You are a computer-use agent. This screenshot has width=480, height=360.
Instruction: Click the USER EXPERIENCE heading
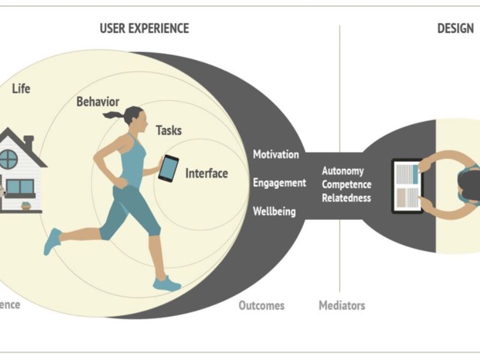[x=144, y=28]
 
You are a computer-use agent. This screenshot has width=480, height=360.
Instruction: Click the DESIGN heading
[x=456, y=28]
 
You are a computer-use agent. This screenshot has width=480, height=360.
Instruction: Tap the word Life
[x=21, y=88]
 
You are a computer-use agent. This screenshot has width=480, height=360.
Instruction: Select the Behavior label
[x=98, y=102]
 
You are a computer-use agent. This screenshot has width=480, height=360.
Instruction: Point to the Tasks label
[x=168, y=130]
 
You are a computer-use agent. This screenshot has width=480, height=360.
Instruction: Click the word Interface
[x=206, y=173]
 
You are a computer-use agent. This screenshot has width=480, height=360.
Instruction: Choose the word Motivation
[x=276, y=155]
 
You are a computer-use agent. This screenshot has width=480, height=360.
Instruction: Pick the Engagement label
[x=279, y=183]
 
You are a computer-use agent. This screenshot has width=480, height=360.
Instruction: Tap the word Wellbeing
[x=274, y=212]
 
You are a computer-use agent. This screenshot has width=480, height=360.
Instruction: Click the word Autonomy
[x=343, y=171]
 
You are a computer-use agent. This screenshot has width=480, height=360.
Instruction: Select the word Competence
[x=346, y=185]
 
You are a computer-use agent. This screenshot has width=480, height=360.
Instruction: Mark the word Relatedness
[x=346, y=198]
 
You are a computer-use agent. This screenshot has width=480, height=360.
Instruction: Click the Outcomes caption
[x=261, y=305]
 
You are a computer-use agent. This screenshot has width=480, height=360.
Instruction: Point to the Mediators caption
[x=342, y=305]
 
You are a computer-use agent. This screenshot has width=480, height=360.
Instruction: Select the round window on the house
[x=9, y=159]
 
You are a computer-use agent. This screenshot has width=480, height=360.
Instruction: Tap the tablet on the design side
[x=407, y=186]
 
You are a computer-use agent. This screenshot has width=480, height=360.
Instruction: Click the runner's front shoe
[x=167, y=285]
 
